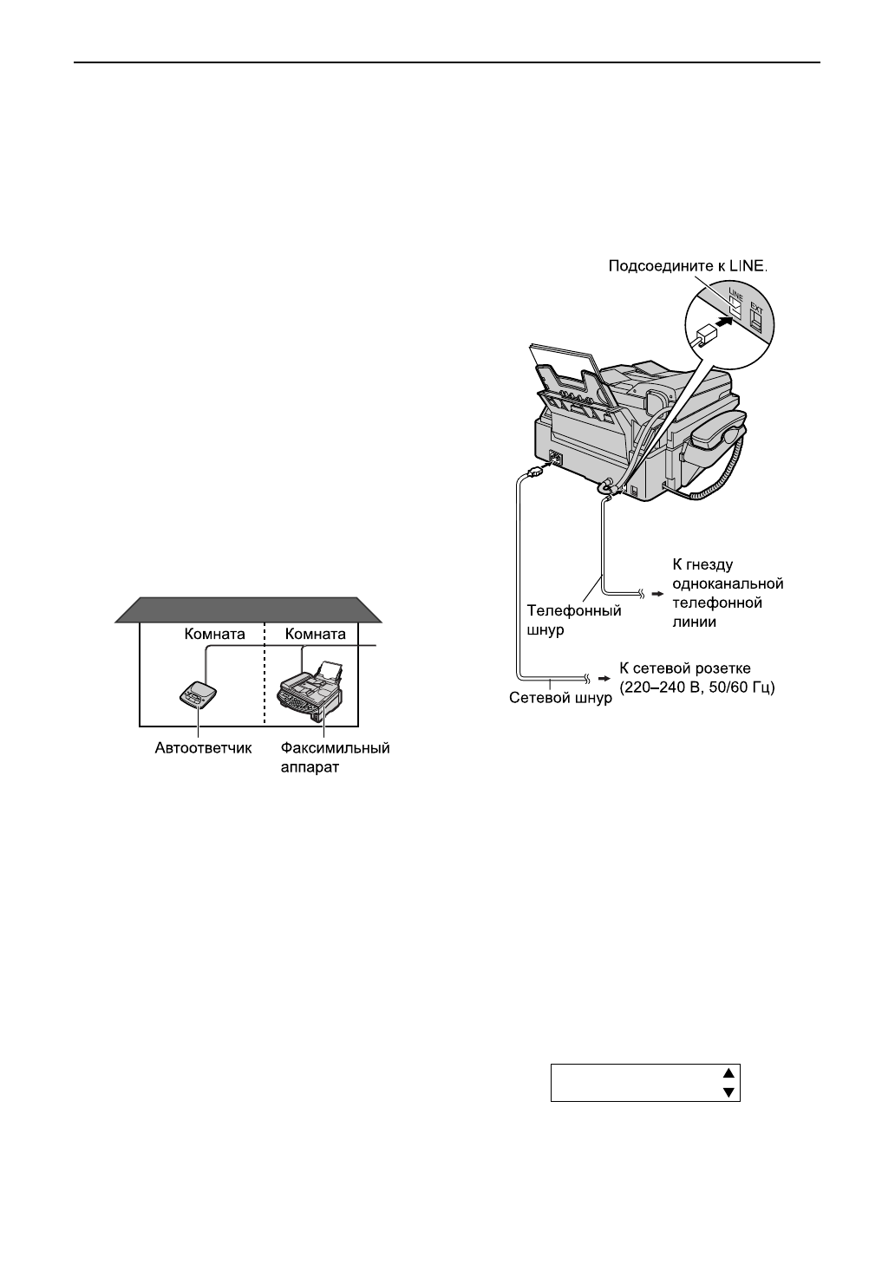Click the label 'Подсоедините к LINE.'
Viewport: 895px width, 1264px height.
pos(687,269)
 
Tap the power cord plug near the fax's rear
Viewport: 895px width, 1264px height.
pos(534,472)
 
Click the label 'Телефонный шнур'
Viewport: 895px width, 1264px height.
pos(574,621)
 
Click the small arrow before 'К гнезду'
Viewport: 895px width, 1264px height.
pos(657,595)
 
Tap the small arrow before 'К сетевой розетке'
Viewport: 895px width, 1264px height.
pos(604,679)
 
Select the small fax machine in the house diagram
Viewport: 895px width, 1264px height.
pos(309,690)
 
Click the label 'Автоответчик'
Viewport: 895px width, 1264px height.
pos(204,747)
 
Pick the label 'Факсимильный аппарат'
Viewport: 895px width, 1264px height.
pos(335,756)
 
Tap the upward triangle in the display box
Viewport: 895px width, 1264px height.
pos(730,1072)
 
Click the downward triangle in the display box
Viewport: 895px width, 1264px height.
pos(730,1092)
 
